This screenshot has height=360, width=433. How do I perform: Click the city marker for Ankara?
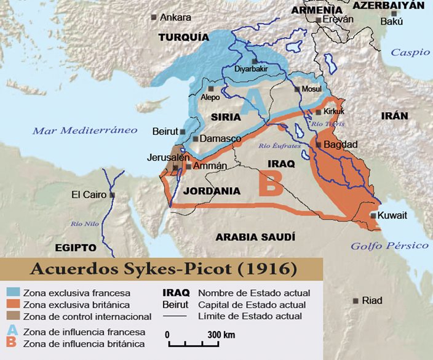click(154, 18)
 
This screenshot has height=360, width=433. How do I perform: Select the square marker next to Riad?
click(356, 301)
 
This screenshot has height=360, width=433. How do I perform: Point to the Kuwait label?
click(392, 215)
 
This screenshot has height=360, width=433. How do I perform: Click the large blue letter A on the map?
click(250, 102)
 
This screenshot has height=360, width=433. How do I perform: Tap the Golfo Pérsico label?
click(389, 246)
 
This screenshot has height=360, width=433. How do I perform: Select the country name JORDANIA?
click(212, 191)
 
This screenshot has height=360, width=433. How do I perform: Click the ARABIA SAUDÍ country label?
click(255, 237)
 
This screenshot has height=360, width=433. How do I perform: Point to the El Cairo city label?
click(89, 195)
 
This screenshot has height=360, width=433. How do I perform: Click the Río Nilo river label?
click(85, 223)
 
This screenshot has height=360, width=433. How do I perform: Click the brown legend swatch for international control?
click(12, 316)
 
